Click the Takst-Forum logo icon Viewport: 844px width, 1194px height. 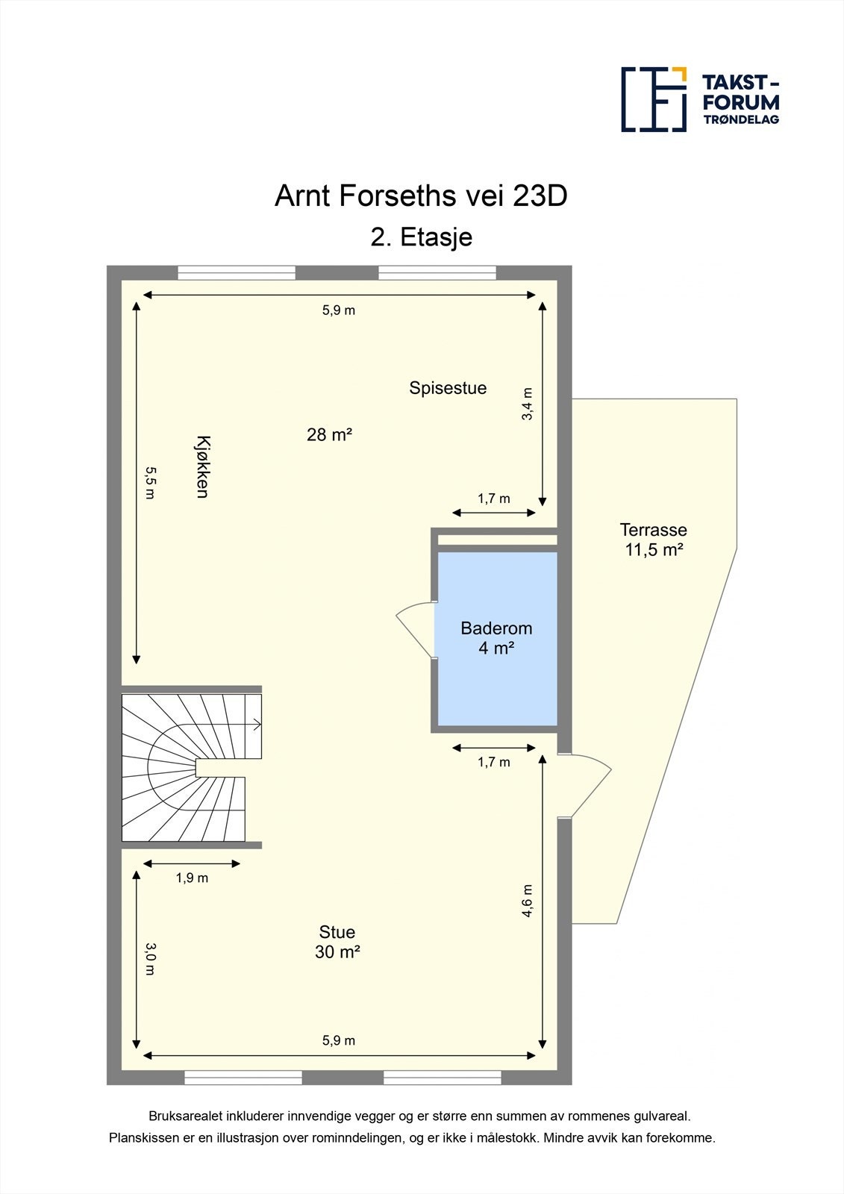coord(654,99)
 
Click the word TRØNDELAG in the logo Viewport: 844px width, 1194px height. coord(741,119)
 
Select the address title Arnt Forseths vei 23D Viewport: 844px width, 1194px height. coord(421,196)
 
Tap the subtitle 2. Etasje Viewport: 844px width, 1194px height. coord(422,237)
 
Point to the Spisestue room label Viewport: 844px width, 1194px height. coord(448,388)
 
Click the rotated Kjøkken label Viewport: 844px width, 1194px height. coord(201,466)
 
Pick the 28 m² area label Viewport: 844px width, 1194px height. coord(329,434)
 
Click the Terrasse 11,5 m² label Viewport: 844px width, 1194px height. coord(654,540)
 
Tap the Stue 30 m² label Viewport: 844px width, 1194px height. coord(337,942)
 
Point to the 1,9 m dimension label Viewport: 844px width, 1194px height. coord(192,878)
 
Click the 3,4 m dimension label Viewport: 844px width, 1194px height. coord(528,404)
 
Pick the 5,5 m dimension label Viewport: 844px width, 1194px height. coord(150,483)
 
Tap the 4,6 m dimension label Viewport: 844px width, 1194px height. coord(528,900)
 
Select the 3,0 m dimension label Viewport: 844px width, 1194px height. coord(150,959)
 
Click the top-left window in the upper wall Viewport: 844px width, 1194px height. coord(237,273)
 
